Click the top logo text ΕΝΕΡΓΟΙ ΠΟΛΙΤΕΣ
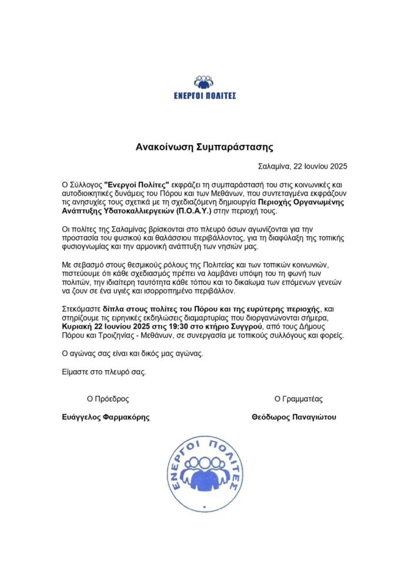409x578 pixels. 204,95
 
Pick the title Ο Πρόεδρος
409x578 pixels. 108,399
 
